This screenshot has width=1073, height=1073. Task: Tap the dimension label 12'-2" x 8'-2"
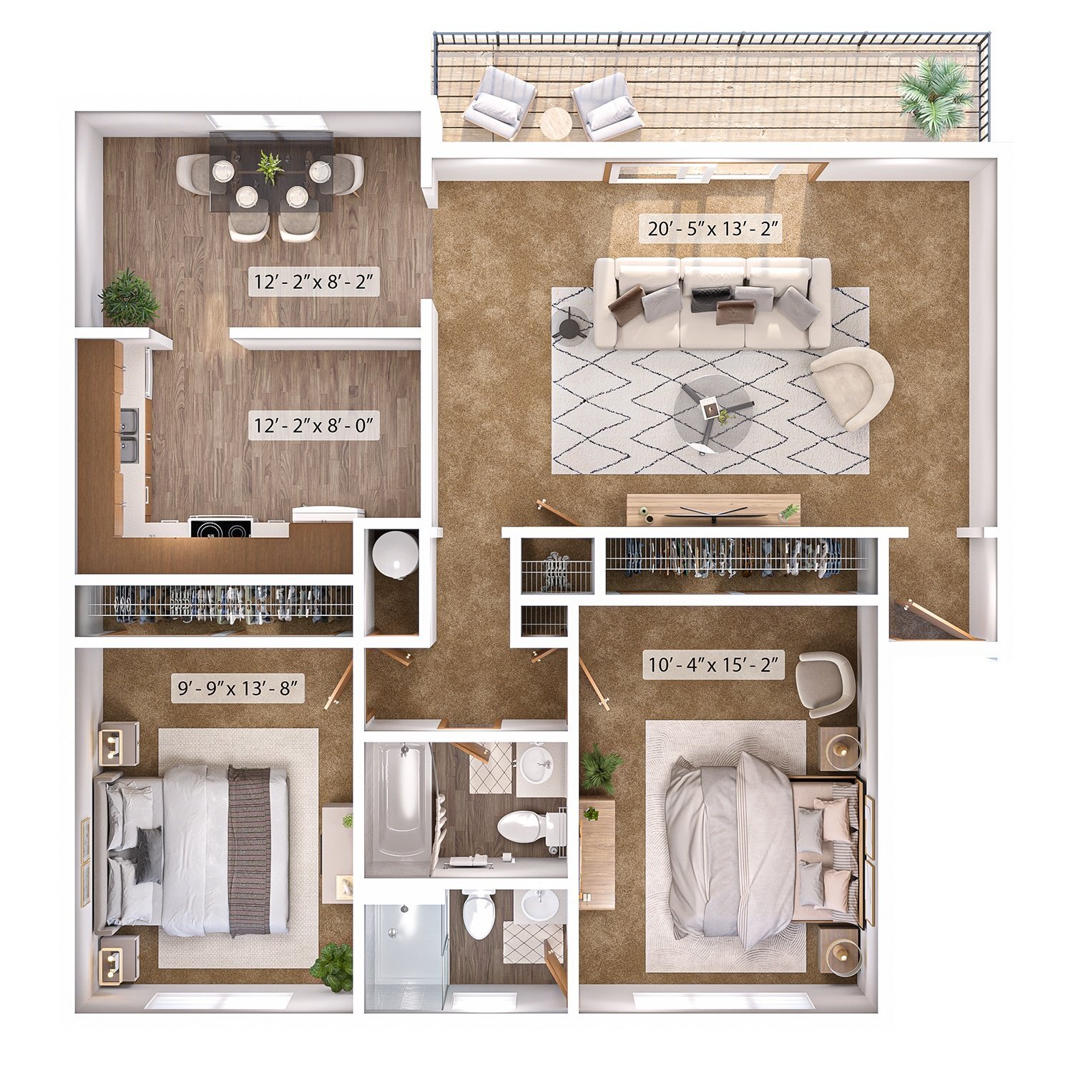(x=313, y=282)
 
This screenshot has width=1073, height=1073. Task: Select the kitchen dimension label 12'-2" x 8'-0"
(x=313, y=426)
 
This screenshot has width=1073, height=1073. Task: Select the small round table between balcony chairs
(x=556, y=123)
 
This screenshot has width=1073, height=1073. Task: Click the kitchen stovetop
(x=221, y=528)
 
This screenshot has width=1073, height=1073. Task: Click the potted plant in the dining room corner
(x=129, y=298)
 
